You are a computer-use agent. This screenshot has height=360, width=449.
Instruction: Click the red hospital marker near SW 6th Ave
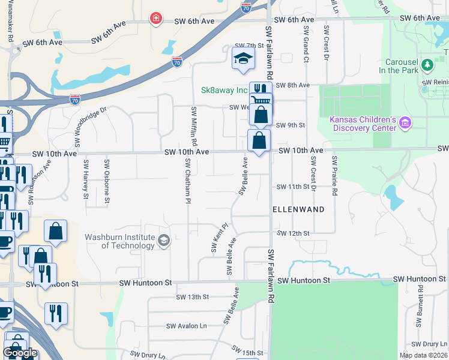pyautogui.click(x=156, y=19)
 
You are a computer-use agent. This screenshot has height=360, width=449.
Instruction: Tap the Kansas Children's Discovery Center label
pyautogui.click(x=363, y=123)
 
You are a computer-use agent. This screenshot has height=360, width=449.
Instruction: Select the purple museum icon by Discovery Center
pyautogui.click(x=405, y=123)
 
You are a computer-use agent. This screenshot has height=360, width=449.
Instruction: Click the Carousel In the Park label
pyautogui.click(x=393, y=66)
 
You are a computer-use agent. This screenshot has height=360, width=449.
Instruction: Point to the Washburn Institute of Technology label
pyautogui.click(x=119, y=241)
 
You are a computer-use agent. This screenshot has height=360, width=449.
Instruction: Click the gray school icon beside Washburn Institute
pyautogui.click(x=163, y=241)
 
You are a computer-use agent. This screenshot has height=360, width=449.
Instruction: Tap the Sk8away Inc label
pyautogui.click(x=224, y=90)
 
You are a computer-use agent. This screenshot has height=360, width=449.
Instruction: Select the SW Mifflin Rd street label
pyautogui.click(x=194, y=127)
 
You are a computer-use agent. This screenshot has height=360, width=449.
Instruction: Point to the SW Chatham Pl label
pyautogui.click(x=188, y=177)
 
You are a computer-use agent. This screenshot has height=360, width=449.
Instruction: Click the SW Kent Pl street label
pyautogui.click(x=220, y=238)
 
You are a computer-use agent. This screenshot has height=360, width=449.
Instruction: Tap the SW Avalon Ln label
pyautogui.click(x=186, y=326)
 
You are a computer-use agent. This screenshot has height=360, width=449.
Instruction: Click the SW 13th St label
pyautogui.click(x=192, y=297)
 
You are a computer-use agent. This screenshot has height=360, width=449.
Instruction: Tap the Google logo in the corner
pyautogui.click(x=20, y=353)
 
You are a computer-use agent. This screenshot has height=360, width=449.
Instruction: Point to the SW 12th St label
pyautogui.click(x=293, y=233)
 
